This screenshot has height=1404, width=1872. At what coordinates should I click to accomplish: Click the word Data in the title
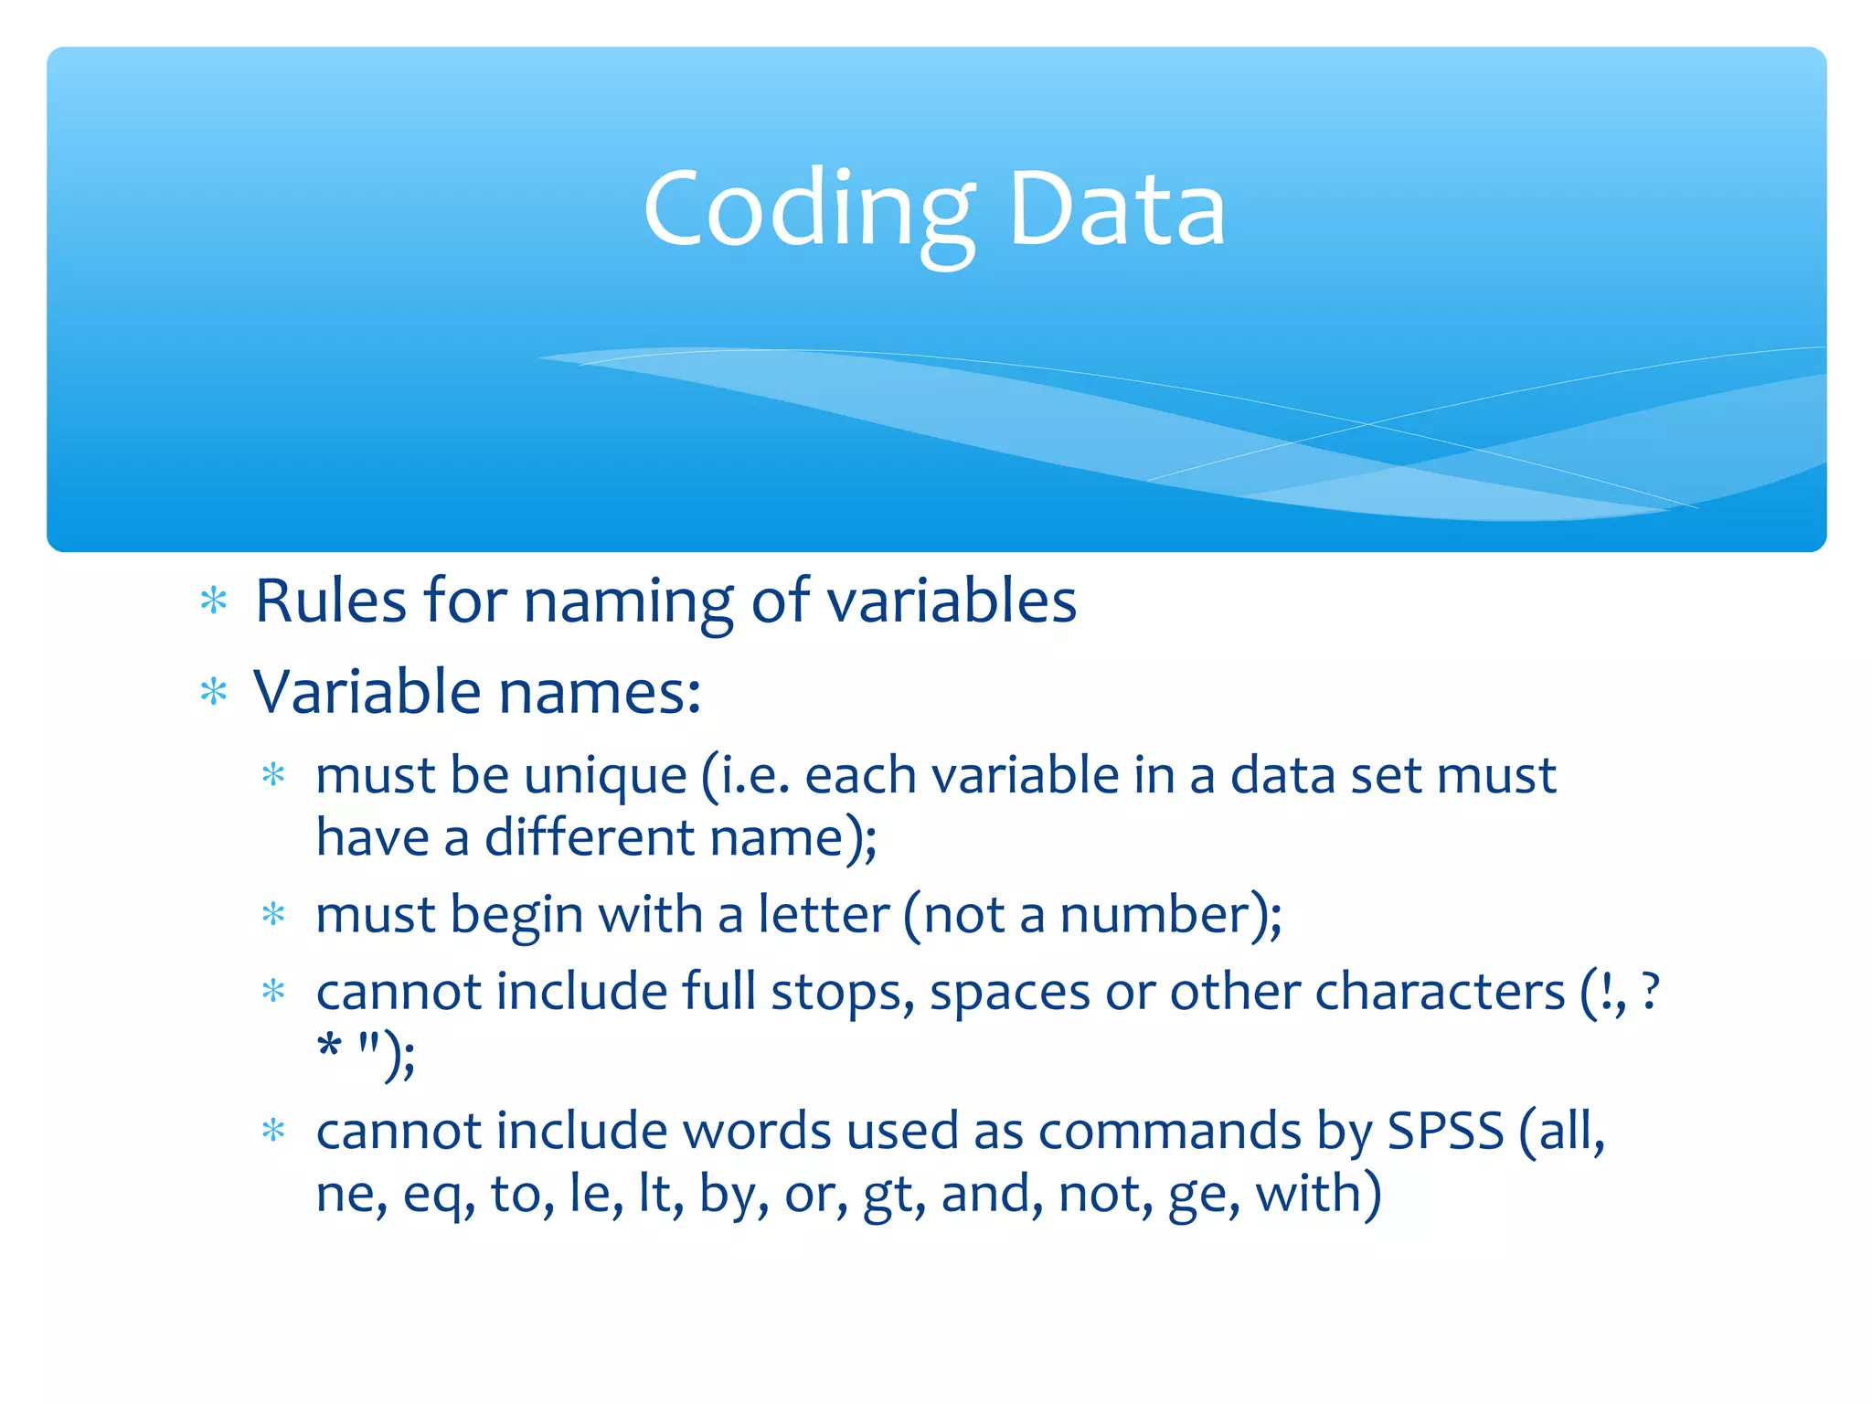tap(1116, 210)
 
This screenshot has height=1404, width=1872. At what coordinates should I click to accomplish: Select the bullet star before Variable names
tap(214, 692)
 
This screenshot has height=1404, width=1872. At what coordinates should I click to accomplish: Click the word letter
tap(824, 915)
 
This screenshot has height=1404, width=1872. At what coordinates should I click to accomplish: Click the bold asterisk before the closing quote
tap(329, 1046)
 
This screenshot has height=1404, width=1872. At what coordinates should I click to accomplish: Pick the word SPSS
tap(1445, 1132)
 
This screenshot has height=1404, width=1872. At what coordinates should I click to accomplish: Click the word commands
tap(1169, 1132)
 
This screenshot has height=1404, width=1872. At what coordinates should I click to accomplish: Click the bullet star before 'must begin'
tap(273, 914)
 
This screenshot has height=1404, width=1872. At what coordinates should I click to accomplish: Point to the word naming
tap(628, 603)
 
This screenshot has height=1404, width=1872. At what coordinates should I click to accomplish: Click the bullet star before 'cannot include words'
tap(273, 1132)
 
